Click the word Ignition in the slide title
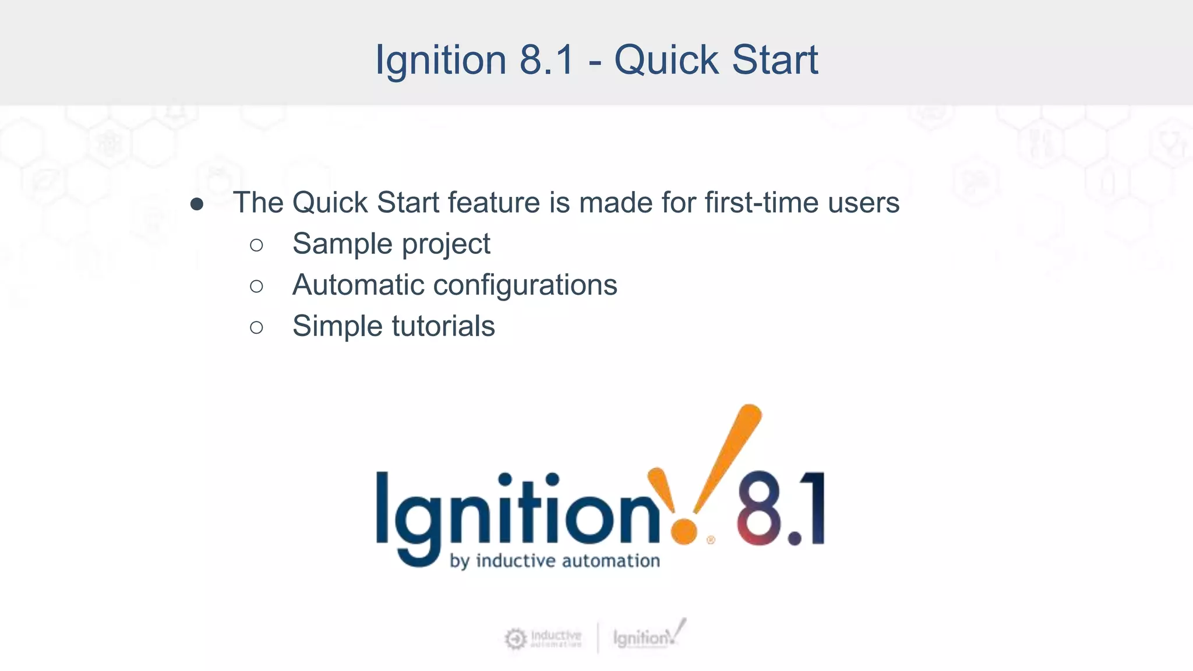pos(441,61)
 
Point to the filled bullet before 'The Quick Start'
pos(197,204)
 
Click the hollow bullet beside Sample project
pos(256,245)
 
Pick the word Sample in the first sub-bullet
pos(343,243)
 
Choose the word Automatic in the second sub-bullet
pos(358,285)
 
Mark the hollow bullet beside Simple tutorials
pos(256,327)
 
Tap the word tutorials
pos(443,326)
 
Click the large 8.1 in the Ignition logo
pos(781,508)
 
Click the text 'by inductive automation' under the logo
pos(555,561)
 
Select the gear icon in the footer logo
pos(515,639)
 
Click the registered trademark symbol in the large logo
pos(711,540)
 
